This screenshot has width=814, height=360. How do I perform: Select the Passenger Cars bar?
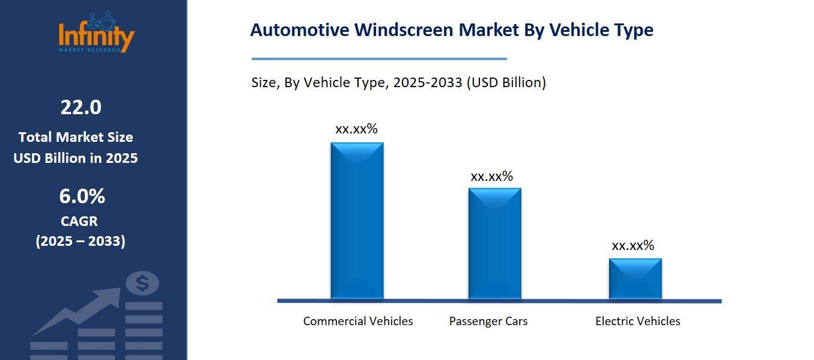tap(494, 243)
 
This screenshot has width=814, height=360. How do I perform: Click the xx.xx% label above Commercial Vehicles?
tap(356, 129)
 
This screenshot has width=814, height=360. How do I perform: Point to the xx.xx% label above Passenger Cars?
tap(491, 176)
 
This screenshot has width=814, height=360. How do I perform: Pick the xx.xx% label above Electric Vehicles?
tap(633, 245)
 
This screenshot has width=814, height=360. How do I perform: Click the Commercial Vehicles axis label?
tap(358, 321)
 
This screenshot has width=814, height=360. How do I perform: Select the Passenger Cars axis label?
tap(488, 321)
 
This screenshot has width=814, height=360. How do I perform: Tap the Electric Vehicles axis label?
tap(637, 321)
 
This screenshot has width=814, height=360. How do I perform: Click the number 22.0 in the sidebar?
tap(80, 108)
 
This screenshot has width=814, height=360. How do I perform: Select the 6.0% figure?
tap(82, 197)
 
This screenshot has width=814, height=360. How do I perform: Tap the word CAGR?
tap(79, 221)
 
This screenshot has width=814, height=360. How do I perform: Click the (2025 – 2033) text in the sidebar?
tap(80, 242)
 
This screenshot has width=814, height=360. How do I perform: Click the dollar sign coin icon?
tap(142, 283)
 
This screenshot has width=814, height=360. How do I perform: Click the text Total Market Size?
tap(76, 137)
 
